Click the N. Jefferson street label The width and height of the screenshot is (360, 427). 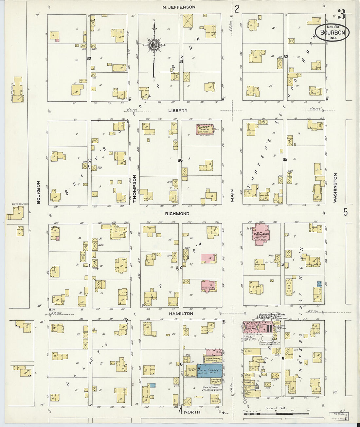point(179,7)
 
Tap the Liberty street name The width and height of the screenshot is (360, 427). point(178,111)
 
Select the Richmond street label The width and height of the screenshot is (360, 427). point(177,214)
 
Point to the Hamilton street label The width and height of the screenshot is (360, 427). point(181,313)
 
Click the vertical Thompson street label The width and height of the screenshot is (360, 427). point(135,189)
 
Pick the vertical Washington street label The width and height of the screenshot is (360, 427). point(335,188)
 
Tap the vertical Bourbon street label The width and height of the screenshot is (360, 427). point(38,192)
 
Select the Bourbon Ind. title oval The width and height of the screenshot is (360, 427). point(333,33)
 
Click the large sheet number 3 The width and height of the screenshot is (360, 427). point(341,14)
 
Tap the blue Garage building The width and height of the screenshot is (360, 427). point(209,370)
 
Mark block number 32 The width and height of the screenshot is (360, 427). point(285,57)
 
